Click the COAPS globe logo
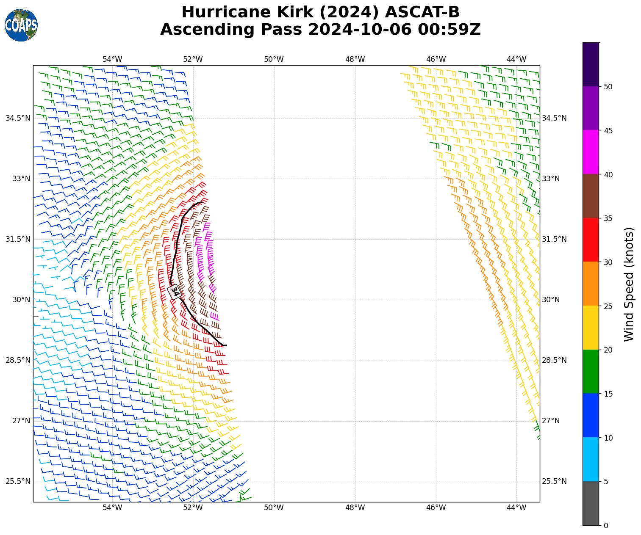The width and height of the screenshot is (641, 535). [x=21, y=25]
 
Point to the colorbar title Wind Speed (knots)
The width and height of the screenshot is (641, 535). [x=630, y=284]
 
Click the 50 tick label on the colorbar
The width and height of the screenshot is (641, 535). [x=608, y=87]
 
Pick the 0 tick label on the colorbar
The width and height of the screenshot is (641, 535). [x=606, y=526]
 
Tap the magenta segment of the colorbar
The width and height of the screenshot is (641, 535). [x=591, y=152]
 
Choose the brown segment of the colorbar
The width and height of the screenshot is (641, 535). [x=591, y=196]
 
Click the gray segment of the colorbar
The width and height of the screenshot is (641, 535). [x=591, y=503]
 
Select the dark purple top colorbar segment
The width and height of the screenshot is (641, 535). [x=591, y=64]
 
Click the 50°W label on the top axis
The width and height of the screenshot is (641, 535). [x=274, y=59]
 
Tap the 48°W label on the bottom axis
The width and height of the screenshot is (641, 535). [x=355, y=507]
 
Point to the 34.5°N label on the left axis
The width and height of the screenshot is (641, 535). [x=18, y=118]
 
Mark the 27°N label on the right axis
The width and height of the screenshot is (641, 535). [x=551, y=421]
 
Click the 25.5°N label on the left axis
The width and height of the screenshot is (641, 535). [x=18, y=481]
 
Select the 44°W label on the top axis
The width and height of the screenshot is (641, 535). [x=516, y=59]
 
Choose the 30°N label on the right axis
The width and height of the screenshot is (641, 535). [x=551, y=300]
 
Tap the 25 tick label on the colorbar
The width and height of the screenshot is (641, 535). [x=608, y=306]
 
